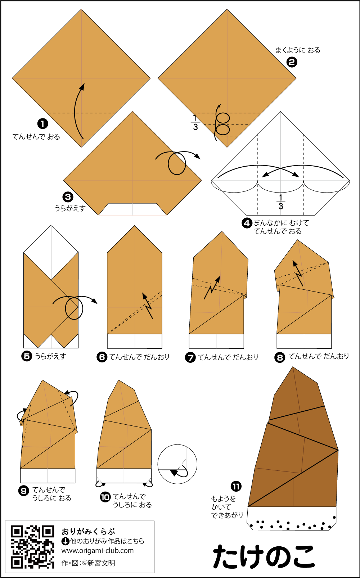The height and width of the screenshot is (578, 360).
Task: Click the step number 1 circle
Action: point(43,123)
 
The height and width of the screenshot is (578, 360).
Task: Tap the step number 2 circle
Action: point(292,62)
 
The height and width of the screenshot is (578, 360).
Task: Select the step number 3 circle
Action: point(68,197)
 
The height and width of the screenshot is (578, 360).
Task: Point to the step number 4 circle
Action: point(247,223)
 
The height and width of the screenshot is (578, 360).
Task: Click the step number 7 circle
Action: point(190,357)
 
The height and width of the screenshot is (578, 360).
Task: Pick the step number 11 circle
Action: point(236,487)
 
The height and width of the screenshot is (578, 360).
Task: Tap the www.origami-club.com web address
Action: point(98,550)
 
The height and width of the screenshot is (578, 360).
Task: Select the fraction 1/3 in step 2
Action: point(195,123)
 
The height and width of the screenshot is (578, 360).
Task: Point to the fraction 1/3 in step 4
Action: point(281,202)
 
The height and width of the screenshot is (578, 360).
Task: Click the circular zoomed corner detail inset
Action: point(177,464)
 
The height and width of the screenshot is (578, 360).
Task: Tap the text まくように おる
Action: point(298,50)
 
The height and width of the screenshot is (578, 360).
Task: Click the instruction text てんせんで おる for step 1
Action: point(36,136)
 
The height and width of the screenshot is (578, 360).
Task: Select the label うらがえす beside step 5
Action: point(51,356)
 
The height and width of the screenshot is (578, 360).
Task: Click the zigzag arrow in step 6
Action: point(148,306)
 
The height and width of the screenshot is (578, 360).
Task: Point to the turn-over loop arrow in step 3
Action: point(177,163)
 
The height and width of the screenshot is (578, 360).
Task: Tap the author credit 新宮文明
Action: point(101,563)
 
